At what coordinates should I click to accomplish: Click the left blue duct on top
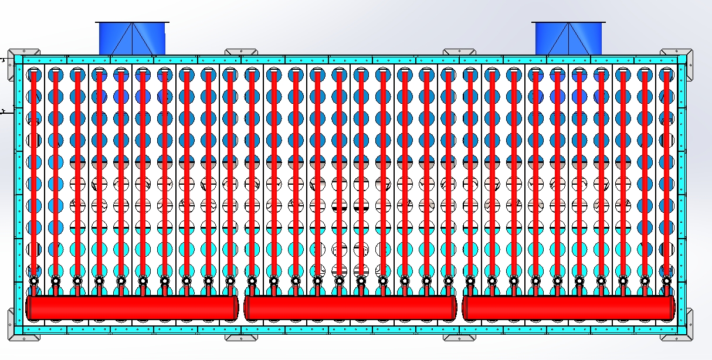(x=132, y=39)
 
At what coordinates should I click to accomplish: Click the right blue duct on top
(x=568, y=39)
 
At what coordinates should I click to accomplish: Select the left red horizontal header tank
(x=131, y=307)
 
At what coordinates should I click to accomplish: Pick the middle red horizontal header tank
(x=350, y=307)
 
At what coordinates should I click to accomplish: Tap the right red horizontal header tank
(x=568, y=307)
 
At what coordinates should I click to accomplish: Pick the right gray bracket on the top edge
(x=459, y=53)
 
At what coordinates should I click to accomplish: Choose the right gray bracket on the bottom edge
(x=459, y=337)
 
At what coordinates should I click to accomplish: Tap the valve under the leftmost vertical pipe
(x=34, y=281)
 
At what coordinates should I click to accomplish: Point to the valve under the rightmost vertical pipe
(x=666, y=281)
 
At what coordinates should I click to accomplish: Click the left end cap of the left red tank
(x=28, y=307)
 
